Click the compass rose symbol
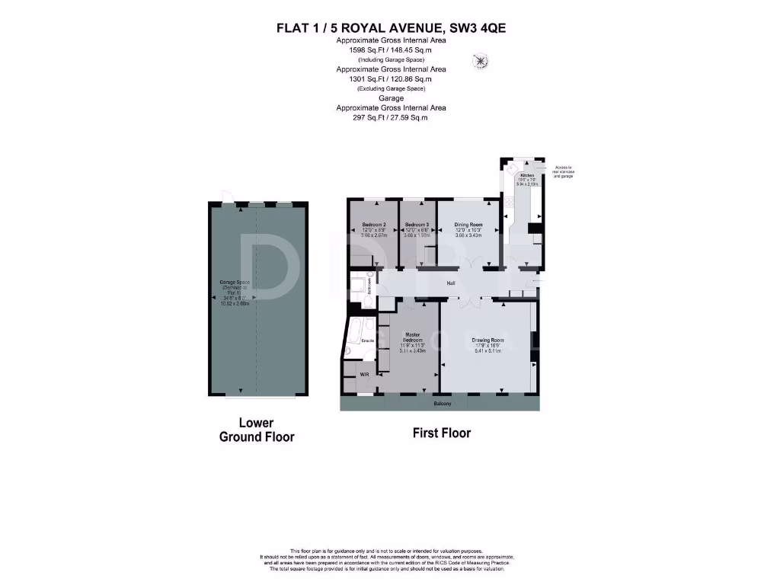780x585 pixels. tap(481, 60)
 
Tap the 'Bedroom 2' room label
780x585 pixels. tap(373, 225)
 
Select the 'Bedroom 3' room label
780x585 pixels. tap(417, 225)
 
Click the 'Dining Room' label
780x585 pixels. tap(468, 225)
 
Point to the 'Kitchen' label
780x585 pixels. tap(527, 175)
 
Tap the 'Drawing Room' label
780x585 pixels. tap(487, 340)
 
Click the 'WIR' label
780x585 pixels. tap(353, 375)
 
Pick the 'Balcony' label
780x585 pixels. tap(443, 403)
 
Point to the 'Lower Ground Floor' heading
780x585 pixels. tap(256, 430)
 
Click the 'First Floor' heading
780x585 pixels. tap(442, 433)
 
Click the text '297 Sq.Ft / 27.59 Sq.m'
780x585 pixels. tap(392, 117)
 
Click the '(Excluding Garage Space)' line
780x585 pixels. tap(392, 88)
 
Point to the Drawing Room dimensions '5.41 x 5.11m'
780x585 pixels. tap(487, 352)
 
